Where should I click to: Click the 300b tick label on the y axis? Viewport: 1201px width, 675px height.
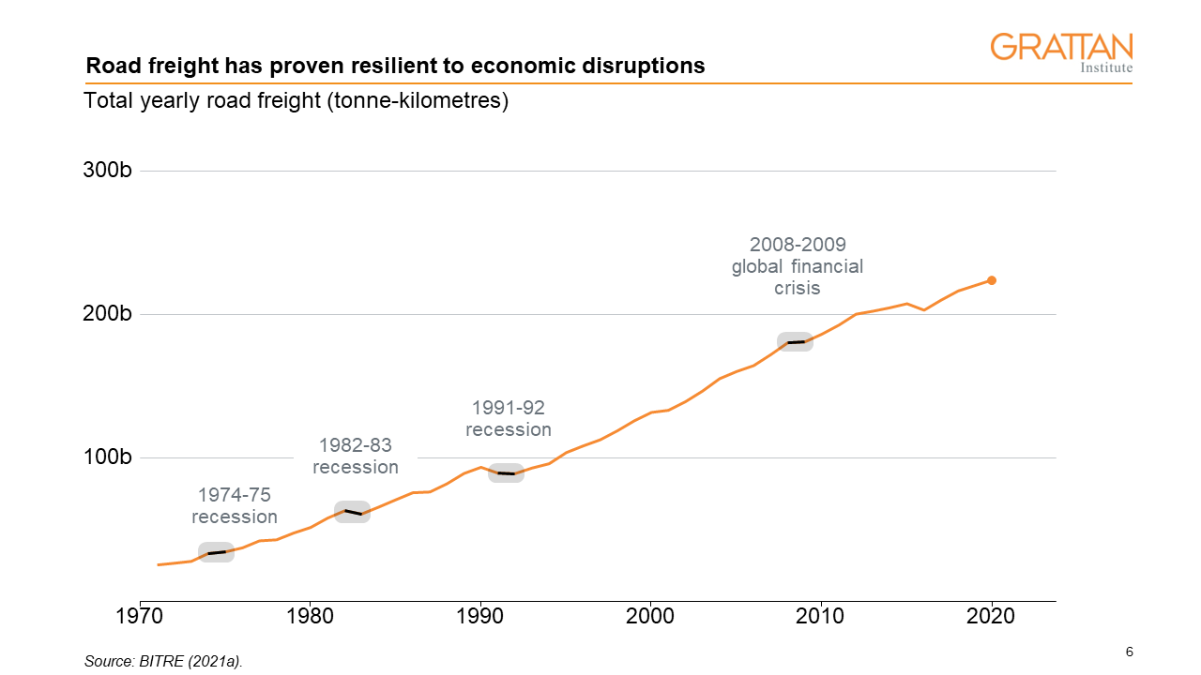[x=108, y=171]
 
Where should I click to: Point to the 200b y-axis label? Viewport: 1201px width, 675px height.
[x=108, y=314]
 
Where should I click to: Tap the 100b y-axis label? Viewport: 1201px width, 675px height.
[x=108, y=457]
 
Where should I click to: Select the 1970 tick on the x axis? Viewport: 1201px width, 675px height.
[x=140, y=616]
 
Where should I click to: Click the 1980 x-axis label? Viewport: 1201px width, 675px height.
[x=310, y=616]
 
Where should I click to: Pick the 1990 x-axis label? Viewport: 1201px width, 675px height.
[x=480, y=616]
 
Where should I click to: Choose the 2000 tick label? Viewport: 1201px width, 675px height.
[x=650, y=616]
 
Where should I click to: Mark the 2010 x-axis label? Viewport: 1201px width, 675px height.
[x=821, y=616]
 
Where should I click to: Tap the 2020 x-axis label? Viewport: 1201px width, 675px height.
[x=991, y=616]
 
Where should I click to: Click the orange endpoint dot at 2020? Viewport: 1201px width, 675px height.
[x=992, y=280]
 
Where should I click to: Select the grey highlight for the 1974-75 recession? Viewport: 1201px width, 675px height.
[x=216, y=552]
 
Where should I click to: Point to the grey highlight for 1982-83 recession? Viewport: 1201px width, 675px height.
[x=353, y=512]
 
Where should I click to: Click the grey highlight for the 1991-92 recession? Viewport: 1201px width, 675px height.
[x=506, y=472]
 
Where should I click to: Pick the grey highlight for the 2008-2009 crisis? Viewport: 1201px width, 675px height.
[x=795, y=341]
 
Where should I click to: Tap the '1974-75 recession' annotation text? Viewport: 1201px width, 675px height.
[x=235, y=506]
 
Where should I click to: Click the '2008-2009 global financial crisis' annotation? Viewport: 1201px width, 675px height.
[x=798, y=266]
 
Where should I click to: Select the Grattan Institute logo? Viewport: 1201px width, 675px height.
[x=1061, y=52]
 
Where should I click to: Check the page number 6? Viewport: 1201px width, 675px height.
[x=1129, y=652]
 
